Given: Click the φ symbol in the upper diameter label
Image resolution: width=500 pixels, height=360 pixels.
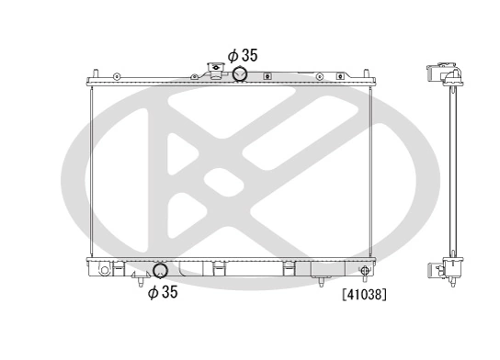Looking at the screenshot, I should point(233,56).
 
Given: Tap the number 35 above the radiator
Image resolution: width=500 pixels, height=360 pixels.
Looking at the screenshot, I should point(248,56).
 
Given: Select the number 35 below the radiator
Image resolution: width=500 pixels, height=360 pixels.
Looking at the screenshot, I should point(168,293).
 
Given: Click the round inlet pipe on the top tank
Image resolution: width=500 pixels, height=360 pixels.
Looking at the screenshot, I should point(240,75).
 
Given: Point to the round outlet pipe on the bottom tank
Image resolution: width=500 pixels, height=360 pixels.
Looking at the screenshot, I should point(160,271).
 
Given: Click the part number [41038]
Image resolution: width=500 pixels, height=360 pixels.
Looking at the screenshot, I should point(364,296).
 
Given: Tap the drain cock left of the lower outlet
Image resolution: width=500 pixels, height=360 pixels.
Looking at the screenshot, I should point(139,273).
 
